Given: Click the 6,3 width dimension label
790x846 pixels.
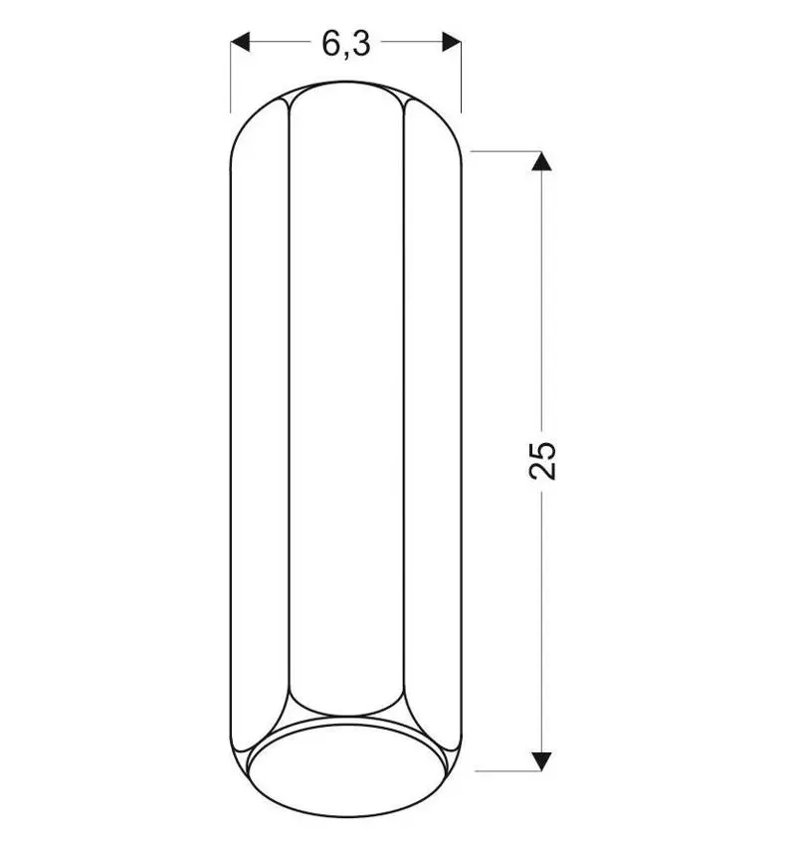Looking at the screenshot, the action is (346, 43).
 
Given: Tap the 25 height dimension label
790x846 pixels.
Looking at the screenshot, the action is (542, 460).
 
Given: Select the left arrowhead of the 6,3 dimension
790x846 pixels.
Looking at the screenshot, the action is (241, 42).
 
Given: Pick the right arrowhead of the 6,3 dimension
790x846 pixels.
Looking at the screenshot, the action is (452, 42).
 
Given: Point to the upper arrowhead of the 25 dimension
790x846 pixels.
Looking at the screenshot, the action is (541, 161).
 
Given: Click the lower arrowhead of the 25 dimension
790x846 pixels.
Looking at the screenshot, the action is (541, 760).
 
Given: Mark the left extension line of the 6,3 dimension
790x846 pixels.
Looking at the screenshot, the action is (231, 77).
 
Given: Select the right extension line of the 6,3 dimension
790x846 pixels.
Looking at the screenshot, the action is (461, 77).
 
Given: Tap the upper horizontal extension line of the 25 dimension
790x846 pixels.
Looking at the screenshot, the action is (505, 151).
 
